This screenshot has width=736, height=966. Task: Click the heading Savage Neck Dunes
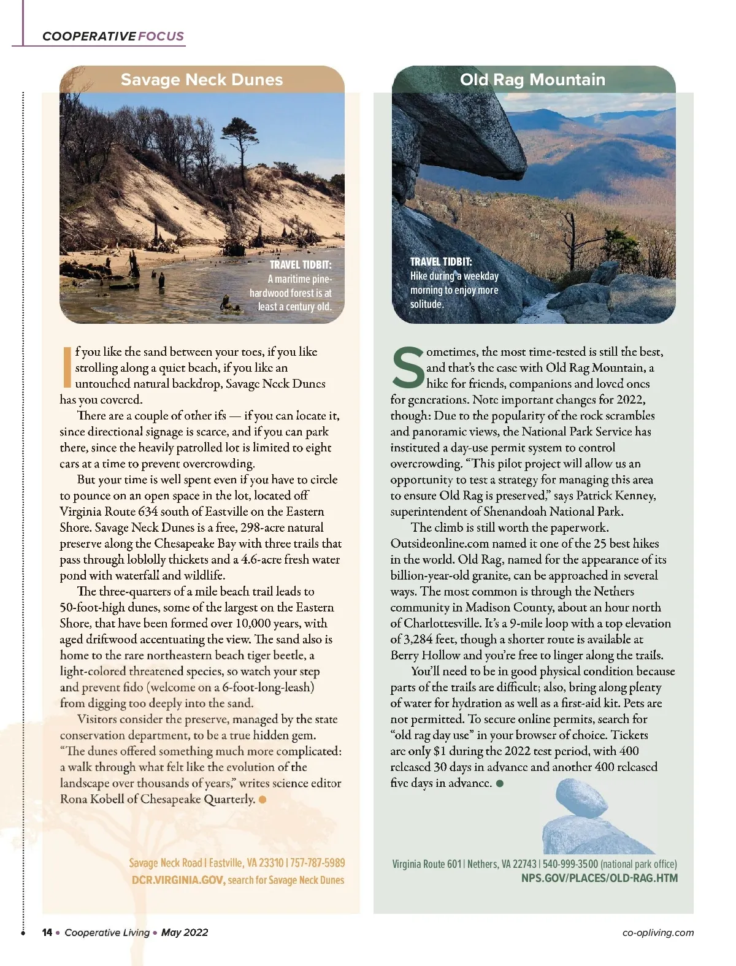(202, 80)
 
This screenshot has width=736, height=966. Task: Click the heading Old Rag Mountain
(532, 80)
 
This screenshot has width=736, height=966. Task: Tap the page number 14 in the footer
(47, 932)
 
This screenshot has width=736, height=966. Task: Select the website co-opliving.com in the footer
(657, 933)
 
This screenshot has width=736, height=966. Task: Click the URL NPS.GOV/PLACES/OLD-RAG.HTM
(599, 878)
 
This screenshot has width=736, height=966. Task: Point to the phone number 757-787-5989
(317, 863)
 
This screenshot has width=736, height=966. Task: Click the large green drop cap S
(407, 368)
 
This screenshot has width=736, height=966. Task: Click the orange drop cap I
(67, 367)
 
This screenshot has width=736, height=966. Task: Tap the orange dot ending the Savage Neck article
(263, 799)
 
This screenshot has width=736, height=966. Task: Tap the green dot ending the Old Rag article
(500, 783)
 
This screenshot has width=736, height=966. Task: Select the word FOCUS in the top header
(161, 36)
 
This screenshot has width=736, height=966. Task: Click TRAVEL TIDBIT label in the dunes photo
(301, 265)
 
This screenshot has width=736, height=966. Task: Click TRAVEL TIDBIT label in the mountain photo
(441, 262)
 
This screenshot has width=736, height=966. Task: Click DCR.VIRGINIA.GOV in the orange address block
(178, 880)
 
